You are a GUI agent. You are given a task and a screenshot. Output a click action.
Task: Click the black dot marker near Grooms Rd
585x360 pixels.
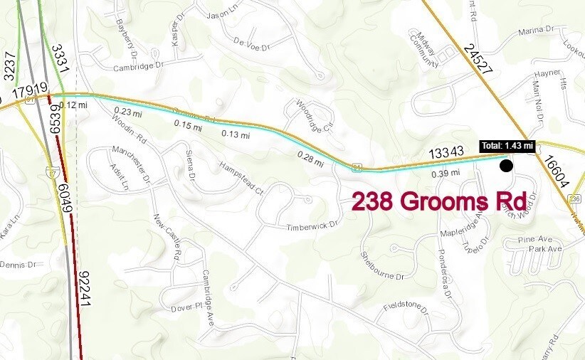click(506, 166)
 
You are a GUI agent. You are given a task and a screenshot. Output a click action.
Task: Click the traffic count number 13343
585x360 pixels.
click(446, 153)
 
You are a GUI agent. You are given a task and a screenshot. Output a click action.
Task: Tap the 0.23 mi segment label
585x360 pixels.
click(129, 112)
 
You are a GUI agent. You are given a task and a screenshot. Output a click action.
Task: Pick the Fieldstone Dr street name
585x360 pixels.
click(407, 307)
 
